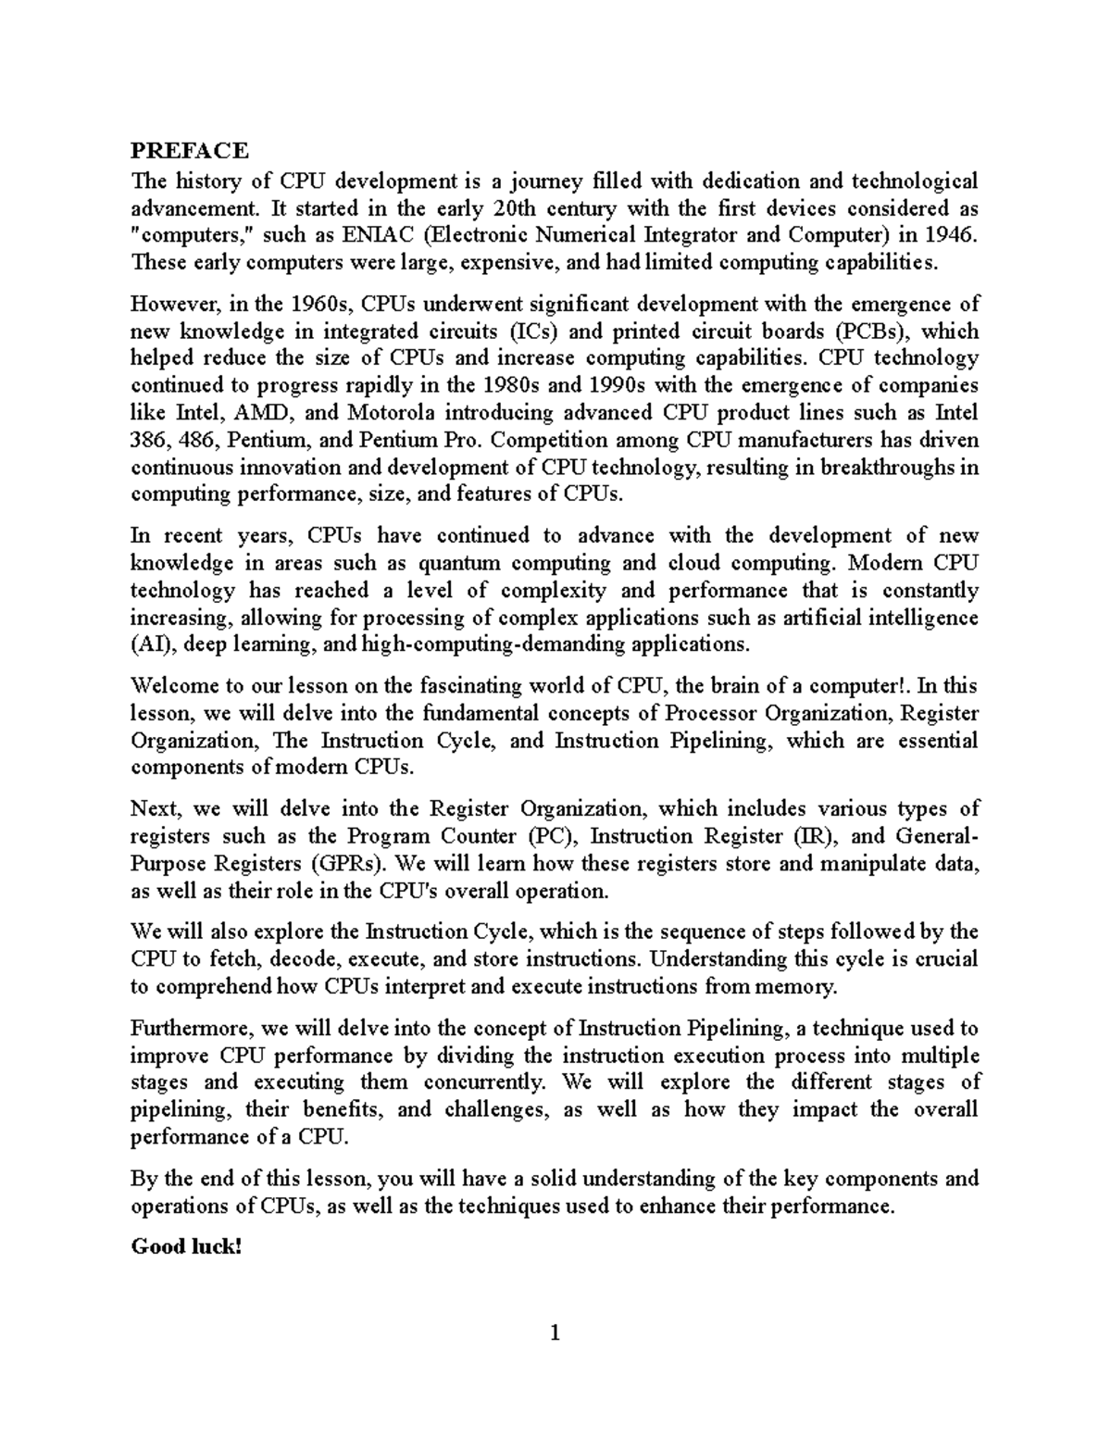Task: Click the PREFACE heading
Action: coord(190,150)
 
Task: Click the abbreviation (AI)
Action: coord(150,644)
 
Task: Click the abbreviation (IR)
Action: coord(816,836)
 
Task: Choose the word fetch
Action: coord(227,959)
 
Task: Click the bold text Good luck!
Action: coord(186,1246)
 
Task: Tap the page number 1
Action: coord(555,1334)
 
